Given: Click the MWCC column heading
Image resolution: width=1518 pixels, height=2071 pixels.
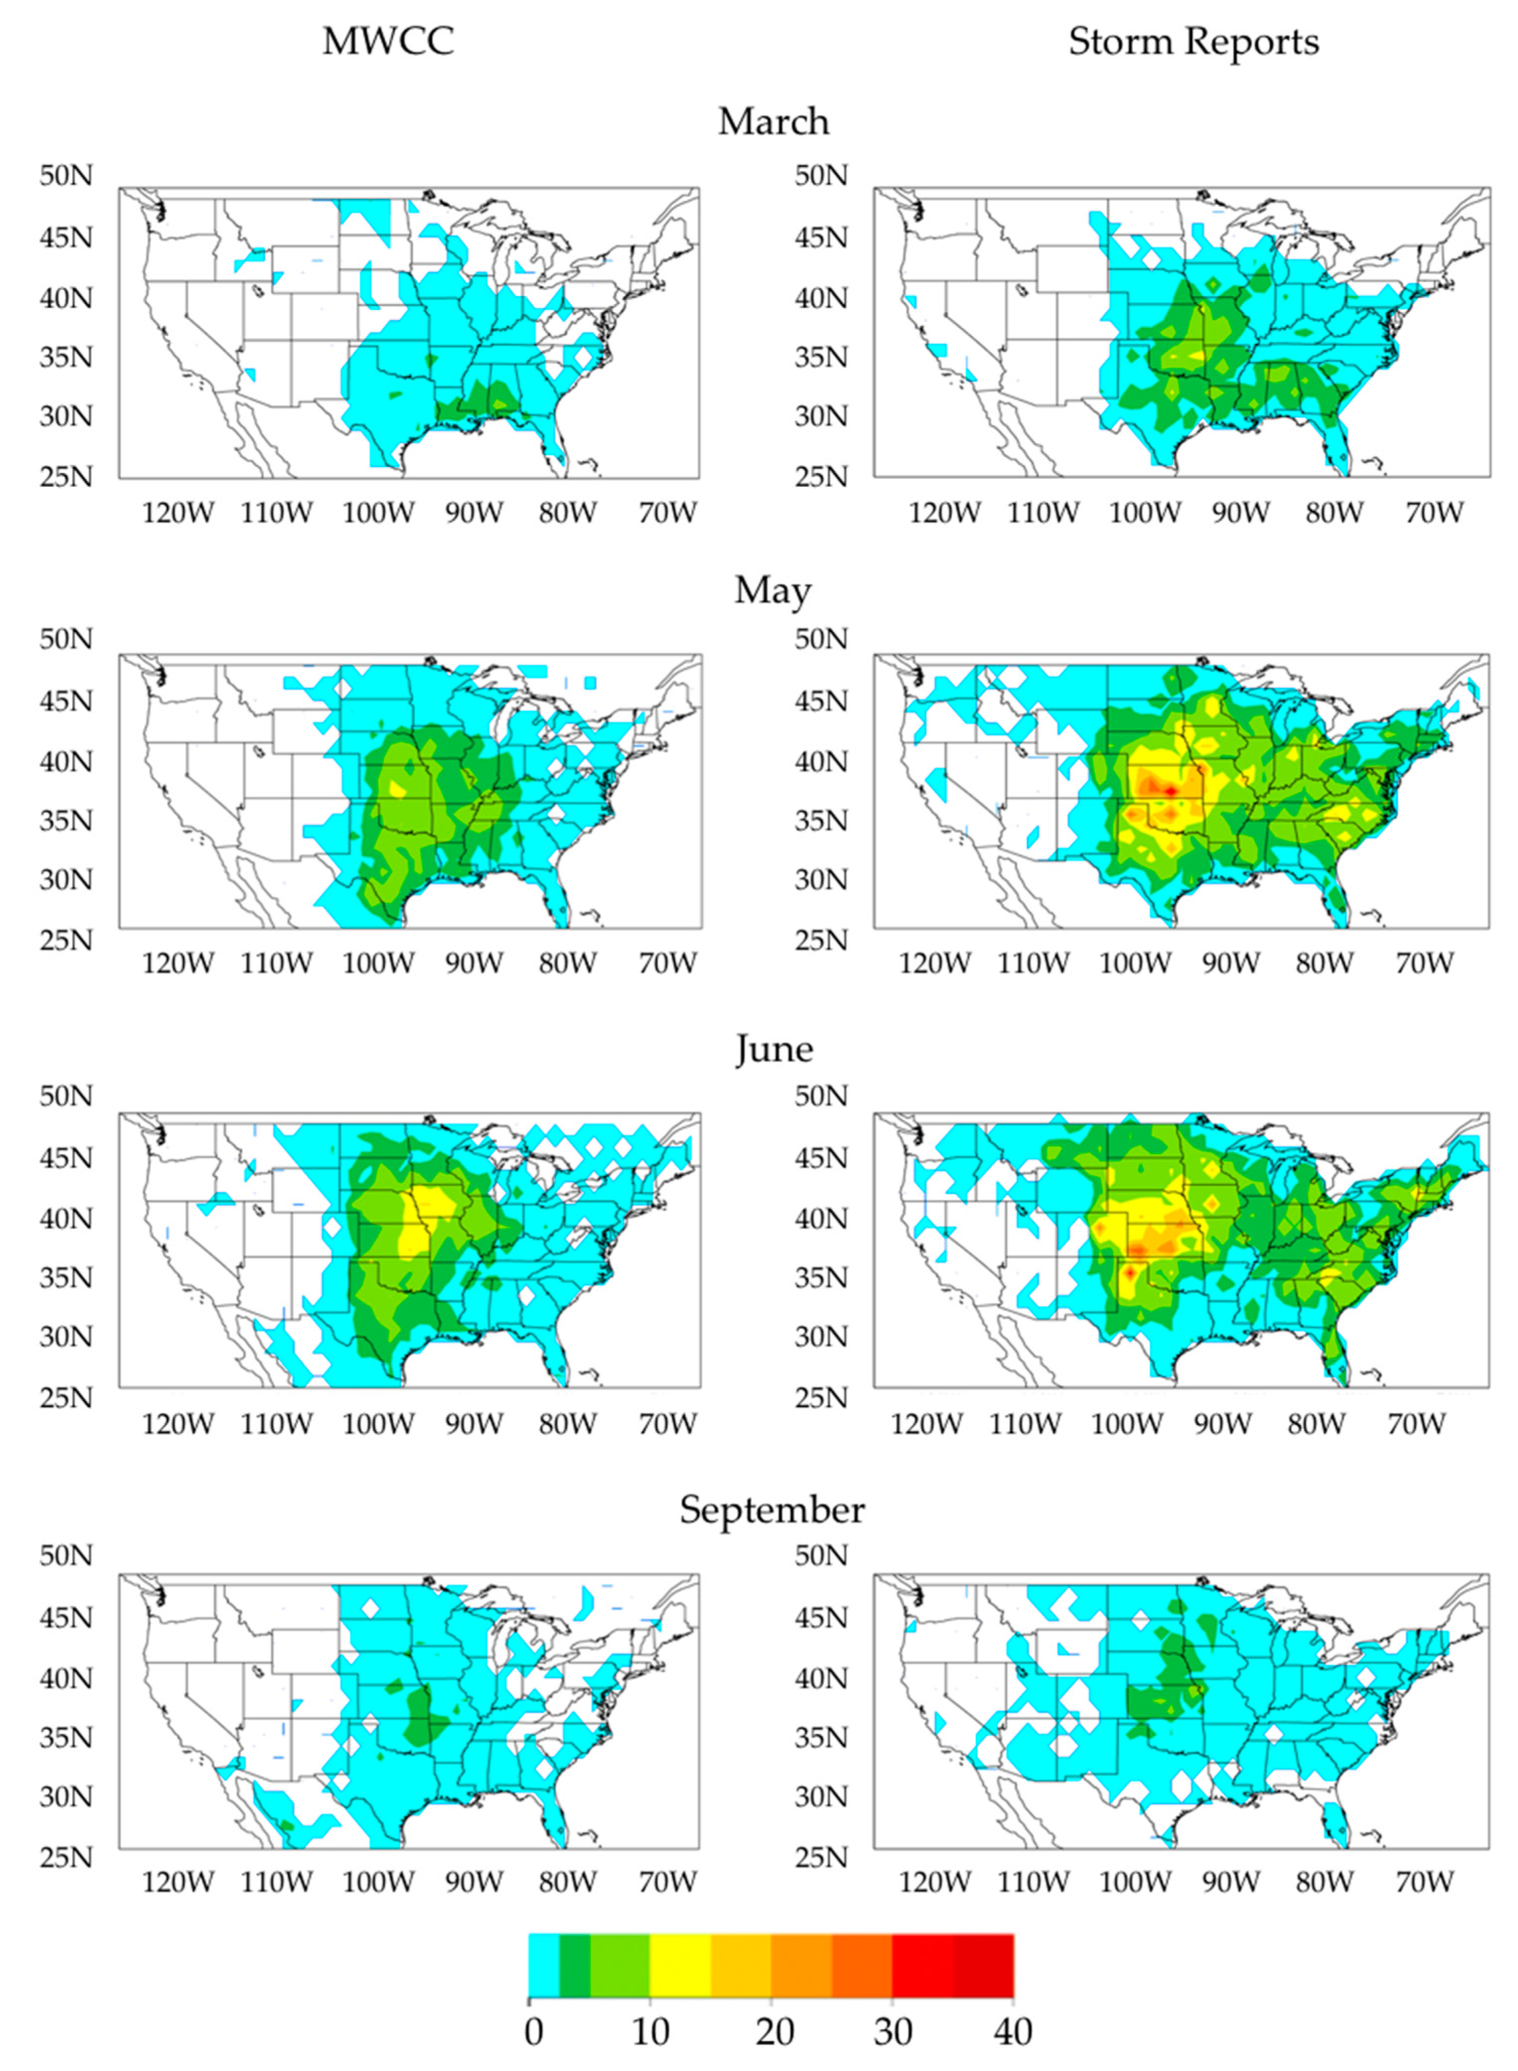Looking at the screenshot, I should click(388, 41).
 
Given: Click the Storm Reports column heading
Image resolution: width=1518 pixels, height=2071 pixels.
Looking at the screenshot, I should click(1193, 41).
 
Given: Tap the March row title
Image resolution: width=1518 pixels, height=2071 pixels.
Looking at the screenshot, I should click(773, 121).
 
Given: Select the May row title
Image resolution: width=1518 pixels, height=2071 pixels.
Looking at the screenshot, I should click(773, 591).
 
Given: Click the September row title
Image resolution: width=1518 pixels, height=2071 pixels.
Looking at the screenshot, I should click(772, 1510).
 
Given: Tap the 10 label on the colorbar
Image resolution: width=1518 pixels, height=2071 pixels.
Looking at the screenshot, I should click(649, 2031).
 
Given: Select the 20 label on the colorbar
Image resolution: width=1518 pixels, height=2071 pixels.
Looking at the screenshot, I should click(774, 2031).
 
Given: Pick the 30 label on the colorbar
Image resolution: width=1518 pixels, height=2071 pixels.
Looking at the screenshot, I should click(893, 2031).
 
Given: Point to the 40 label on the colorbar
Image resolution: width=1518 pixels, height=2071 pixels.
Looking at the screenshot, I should click(1012, 2031).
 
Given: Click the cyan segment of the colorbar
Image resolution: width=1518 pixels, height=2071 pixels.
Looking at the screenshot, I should click(544, 1964).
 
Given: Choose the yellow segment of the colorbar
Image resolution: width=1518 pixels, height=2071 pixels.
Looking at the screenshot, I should click(680, 1964).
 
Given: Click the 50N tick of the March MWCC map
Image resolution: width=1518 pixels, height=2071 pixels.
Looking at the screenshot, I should click(66, 175).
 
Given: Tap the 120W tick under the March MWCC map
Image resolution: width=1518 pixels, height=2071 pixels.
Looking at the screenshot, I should click(178, 511).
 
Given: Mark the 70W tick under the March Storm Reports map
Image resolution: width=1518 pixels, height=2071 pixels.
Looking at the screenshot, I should click(1433, 511).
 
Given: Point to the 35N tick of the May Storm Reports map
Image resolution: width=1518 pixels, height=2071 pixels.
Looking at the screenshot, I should click(822, 820).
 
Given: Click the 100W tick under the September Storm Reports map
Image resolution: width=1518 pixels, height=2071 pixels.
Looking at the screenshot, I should click(1135, 1881).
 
